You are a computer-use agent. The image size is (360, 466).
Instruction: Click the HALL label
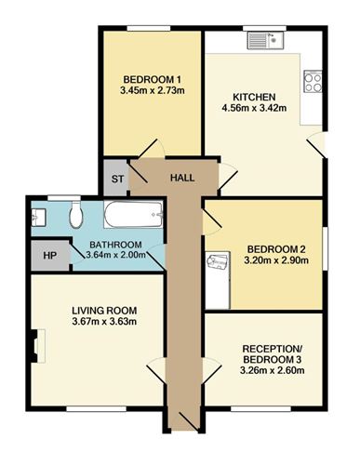[x=182, y=178]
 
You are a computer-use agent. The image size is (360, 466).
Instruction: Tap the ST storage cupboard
[x=115, y=178]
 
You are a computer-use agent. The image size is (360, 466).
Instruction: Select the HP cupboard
[x=50, y=255]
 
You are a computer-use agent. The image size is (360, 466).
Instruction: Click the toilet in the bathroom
[x=76, y=215]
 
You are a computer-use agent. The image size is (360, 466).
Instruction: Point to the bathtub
[x=133, y=215]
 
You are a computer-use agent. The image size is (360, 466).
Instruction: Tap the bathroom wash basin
[x=39, y=217]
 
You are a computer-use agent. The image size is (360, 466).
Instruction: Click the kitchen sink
[x=266, y=41]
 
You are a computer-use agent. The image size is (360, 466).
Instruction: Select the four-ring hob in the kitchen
[x=313, y=82]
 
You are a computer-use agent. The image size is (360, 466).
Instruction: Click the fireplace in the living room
[x=38, y=346]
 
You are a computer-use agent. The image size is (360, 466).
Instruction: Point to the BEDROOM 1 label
[x=152, y=79]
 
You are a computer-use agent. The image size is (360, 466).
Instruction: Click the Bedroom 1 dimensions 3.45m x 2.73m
[x=152, y=90]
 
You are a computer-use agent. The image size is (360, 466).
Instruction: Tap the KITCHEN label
[x=254, y=97]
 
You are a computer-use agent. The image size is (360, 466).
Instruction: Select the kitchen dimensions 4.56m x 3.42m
[x=254, y=108]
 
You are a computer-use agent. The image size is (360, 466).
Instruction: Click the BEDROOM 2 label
[x=276, y=249]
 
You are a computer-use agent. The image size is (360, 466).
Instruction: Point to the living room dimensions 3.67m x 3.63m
[x=104, y=321]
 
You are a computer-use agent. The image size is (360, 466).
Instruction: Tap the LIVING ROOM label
[x=104, y=311]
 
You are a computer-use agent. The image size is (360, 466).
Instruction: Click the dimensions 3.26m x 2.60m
[x=272, y=370]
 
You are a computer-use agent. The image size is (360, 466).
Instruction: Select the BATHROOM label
[x=115, y=245]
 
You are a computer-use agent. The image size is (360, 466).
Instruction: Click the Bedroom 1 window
[x=149, y=29]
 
